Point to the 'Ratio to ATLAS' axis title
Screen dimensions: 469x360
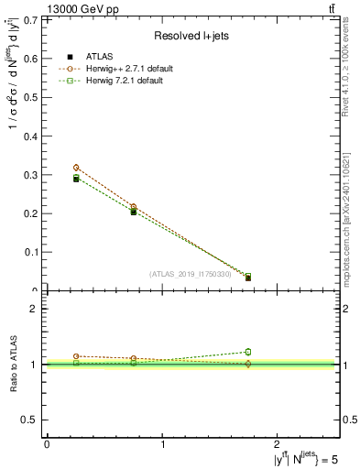click(16, 365)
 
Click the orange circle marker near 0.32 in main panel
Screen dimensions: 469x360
click(76, 168)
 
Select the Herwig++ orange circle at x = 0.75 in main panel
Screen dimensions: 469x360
click(134, 207)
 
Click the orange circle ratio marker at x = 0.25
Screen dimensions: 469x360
click(76, 355)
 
